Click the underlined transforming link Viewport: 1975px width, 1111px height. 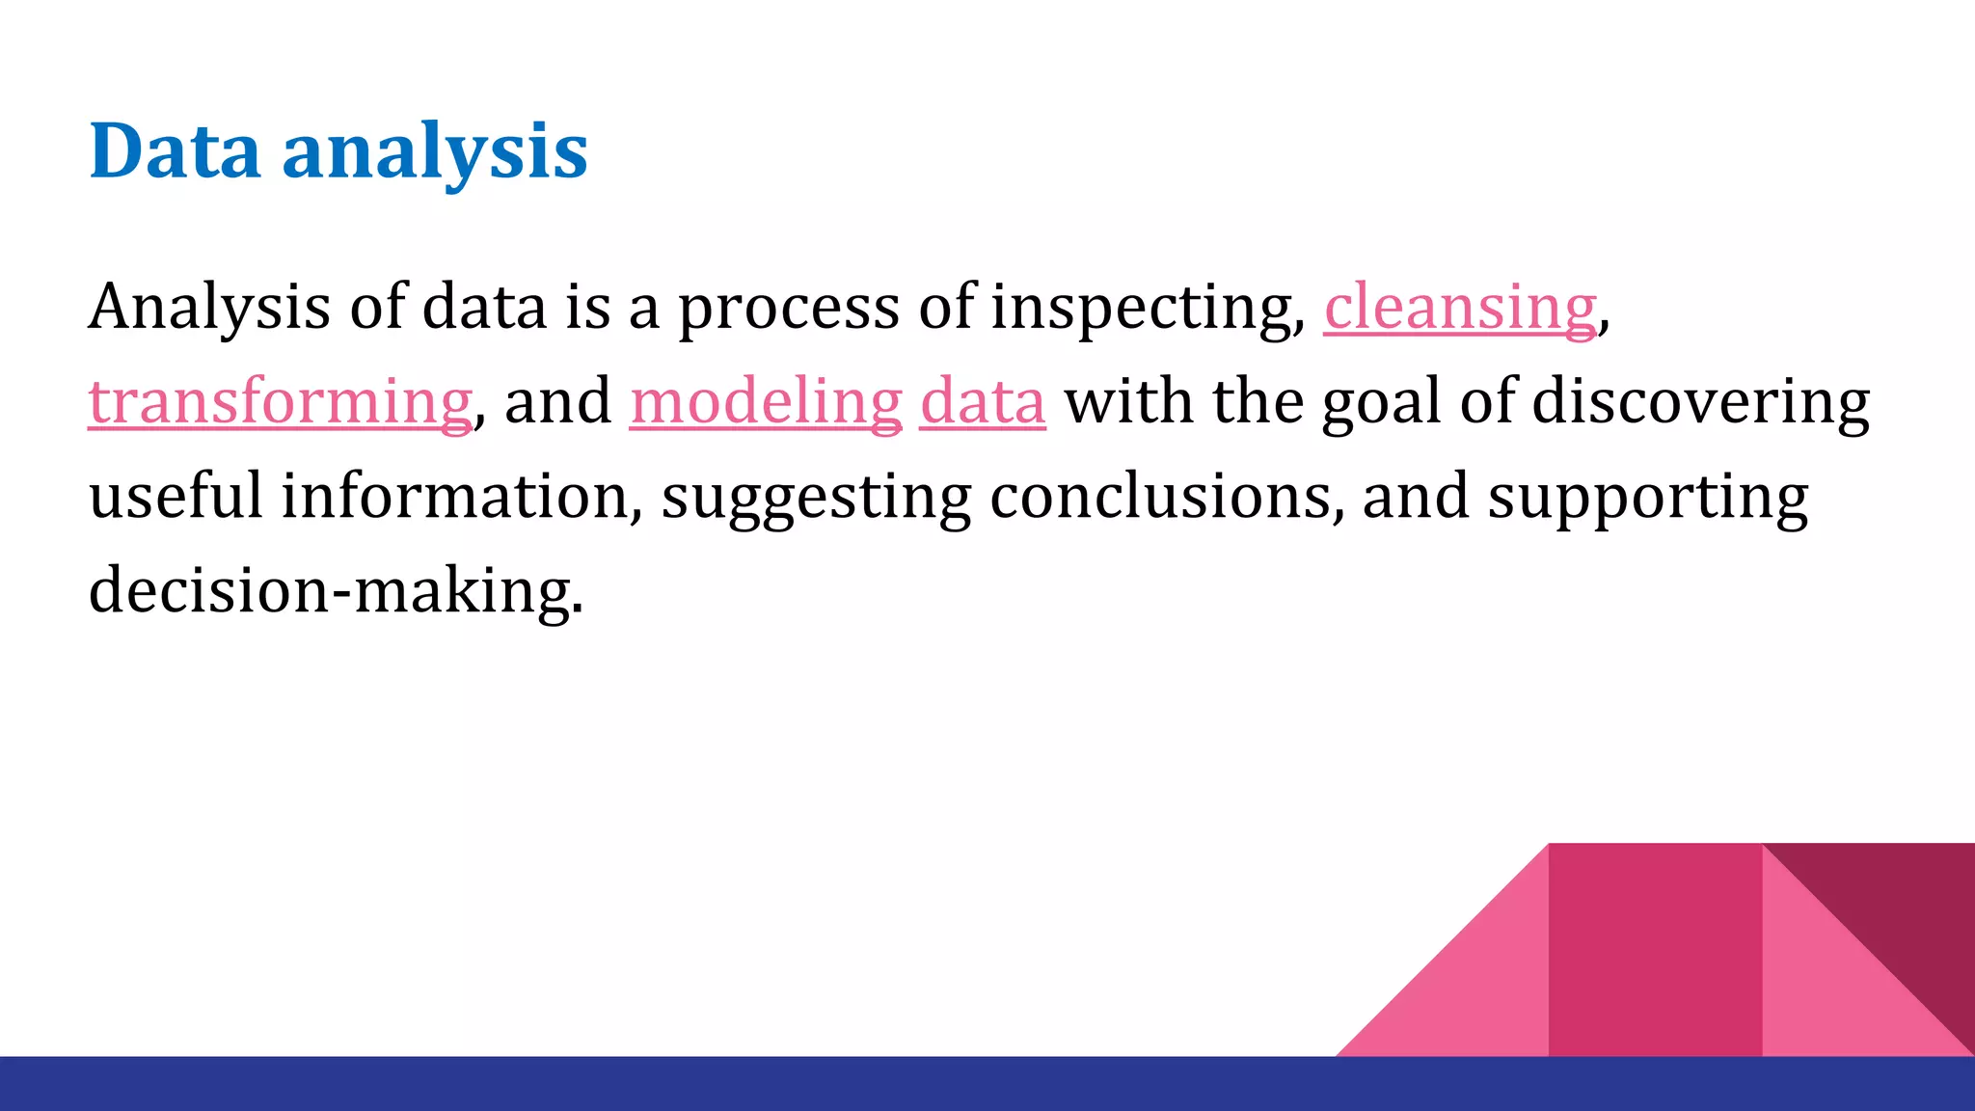pyautogui.click(x=280, y=401)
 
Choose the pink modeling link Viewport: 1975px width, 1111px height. pyautogui.click(x=766, y=401)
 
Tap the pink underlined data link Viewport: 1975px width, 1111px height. pyautogui.click(x=982, y=401)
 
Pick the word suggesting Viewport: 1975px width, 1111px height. pyautogui.click(x=816, y=498)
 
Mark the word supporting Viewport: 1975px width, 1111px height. pyautogui.click(x=1647, y=498)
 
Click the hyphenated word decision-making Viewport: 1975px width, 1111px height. pyautogui.click(x=336, y=590)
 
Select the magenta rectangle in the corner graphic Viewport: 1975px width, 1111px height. pyautogui.click(x=1655, y=950)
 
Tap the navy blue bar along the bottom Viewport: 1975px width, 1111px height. pyautogui.click(x=987, y=1084)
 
